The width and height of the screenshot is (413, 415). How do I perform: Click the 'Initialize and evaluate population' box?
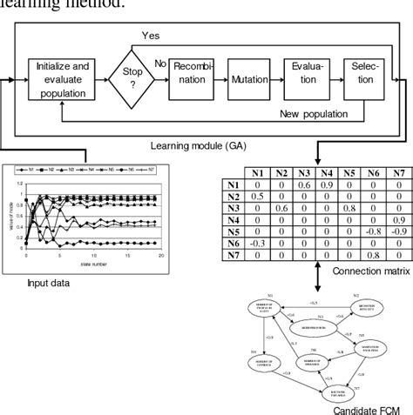tap(62, 78)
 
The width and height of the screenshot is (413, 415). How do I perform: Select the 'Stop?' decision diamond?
tap(125, 79)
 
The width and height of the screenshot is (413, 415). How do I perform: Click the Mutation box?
tap(249, 78)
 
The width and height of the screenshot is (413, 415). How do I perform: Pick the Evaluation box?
tap(307, 78)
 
